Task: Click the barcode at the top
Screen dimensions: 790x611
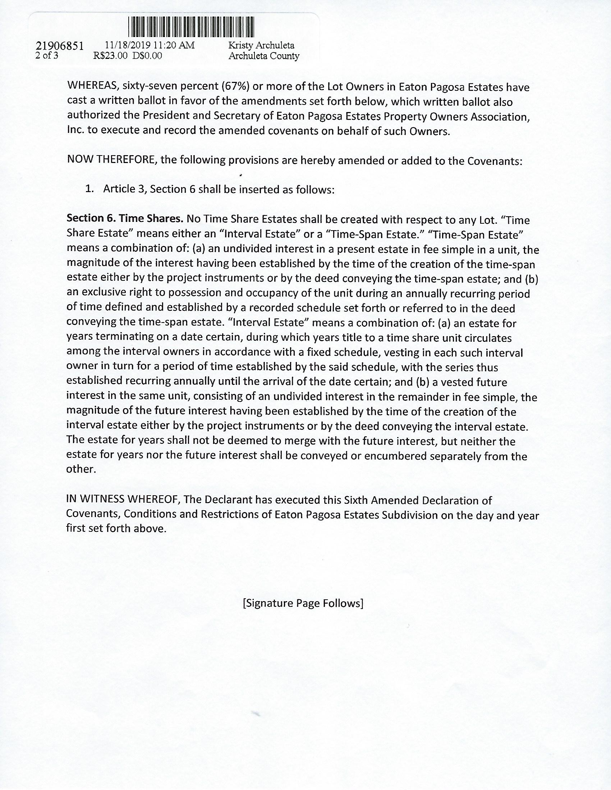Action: coord(191,27)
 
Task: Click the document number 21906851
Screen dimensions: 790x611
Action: coord(60,46)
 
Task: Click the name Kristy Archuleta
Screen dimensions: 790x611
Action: coord(261,46)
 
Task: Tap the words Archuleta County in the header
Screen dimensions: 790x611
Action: coord(264,56)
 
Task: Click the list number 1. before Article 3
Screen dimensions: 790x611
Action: coord(89,189)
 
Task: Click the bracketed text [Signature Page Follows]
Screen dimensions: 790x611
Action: coord(303,603)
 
